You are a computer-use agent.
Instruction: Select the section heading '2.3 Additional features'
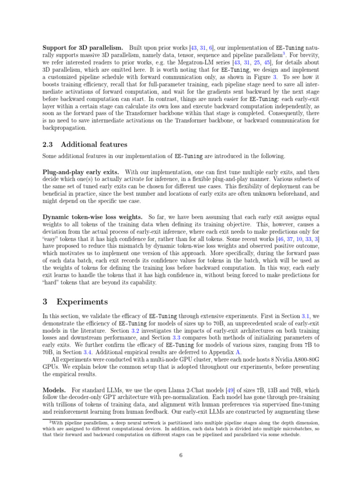pyautogui.click(x=85, y=144)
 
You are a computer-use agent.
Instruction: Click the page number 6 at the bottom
pyautogui.click(x=181, y=455)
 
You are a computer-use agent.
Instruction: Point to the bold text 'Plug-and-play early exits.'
pyautogui.click(x=81, y=173)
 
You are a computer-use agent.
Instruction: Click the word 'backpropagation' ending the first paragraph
pyautogui.click(x=65, y=127)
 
